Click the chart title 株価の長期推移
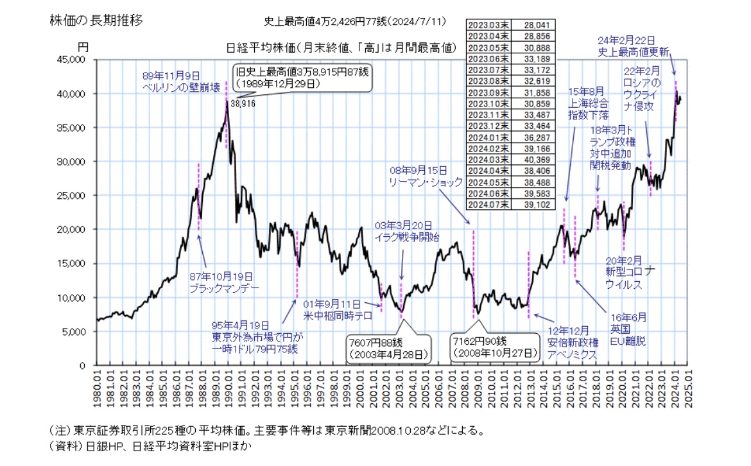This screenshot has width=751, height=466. click(x=96, y=20)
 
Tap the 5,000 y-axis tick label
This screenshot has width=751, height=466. click(x=78, y=332)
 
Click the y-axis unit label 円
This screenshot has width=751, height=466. click(x=83, y=48)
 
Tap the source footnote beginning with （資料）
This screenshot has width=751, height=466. click(x=144, y=445)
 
